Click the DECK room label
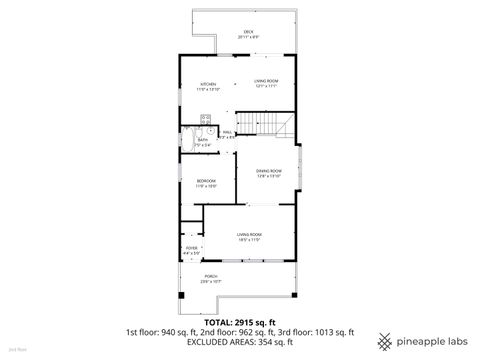(x=247, y=33)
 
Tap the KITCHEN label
(x=209, y=84)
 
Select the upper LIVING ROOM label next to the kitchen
(x=265, y=84)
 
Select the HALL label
(x=226, y=131)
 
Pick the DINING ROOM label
(x=265, y=171)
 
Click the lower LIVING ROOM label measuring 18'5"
(x=248, y=236)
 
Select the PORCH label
(x=211, y=279)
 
